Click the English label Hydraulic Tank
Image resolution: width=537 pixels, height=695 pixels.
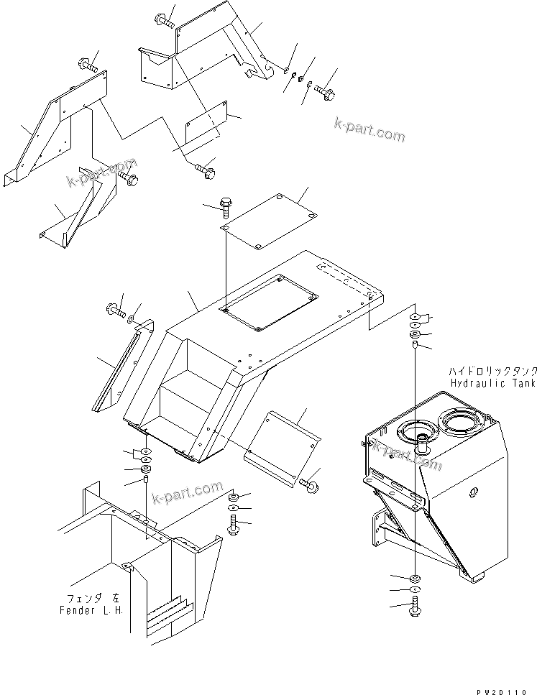coord(493,384)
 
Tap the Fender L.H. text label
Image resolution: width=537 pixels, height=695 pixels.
coord(91,609)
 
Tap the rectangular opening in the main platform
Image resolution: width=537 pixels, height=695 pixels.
coord(269,303)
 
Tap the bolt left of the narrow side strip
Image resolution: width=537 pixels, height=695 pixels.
coord(116,311)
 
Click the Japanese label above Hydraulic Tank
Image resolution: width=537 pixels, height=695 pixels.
coord(492,371)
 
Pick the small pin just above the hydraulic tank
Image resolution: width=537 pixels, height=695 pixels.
coord(416,346)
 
